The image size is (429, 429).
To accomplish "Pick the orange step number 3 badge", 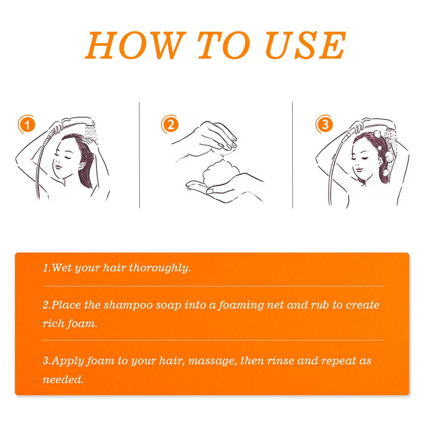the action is [324, 124].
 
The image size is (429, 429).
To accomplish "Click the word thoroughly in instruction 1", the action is [160, 268].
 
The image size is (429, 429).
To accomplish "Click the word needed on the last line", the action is [63, 380].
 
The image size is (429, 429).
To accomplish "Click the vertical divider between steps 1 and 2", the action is [139, 155].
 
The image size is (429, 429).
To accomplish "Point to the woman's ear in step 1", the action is [82, 165].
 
